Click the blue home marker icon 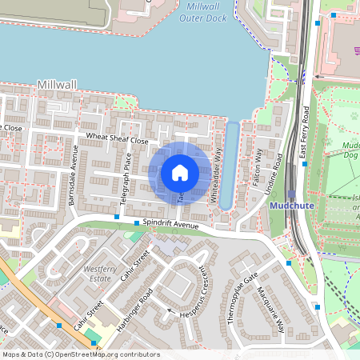coord(179,172)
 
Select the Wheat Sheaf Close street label coord(118,140)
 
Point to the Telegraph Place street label coord(126,175)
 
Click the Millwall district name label coord(55,85)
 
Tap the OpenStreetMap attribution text coord(81,354)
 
